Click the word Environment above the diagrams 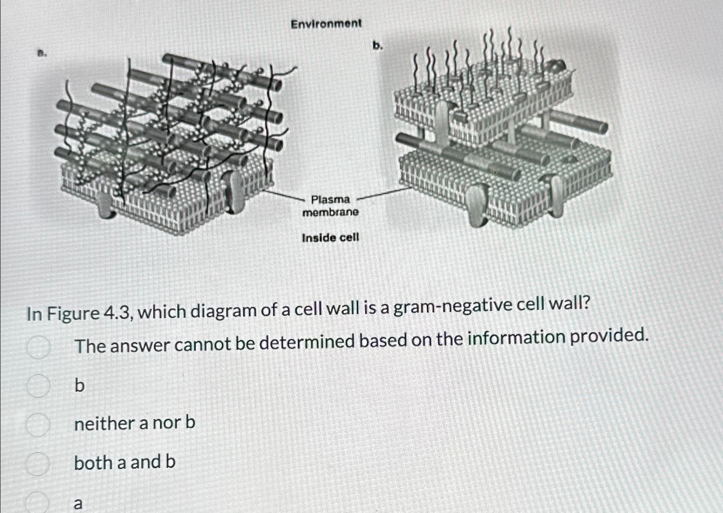[x=326, y=24]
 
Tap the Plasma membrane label [x=330, y=205]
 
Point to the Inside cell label [x=330, y=237]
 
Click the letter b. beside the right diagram [x=377, y=46]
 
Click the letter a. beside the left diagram [x=41, y=54]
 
